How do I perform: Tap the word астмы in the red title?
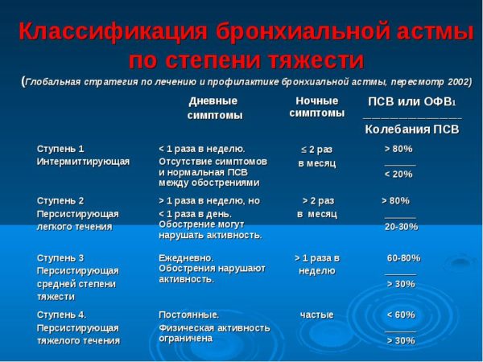pos(430,33)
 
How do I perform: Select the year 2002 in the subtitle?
pos(456,81)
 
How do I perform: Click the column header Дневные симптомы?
pos(213,108)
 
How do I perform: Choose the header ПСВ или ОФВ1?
pos(411,101)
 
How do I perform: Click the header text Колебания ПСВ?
pos(411,129)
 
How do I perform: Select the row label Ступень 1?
pos(60,149)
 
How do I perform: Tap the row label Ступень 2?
pos(60,200)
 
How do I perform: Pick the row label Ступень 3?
pos(60,257)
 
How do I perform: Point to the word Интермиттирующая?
pos(83,162)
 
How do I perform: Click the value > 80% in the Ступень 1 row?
pos(398,149)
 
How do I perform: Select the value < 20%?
pos(398,174)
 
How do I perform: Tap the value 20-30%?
pos(402,227)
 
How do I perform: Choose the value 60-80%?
pos(403,258)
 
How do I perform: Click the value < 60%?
pos(401,315)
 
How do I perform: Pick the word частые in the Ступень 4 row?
pos(317,315)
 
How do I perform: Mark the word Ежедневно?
pos(187,257)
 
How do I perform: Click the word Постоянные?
pos(189,315)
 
